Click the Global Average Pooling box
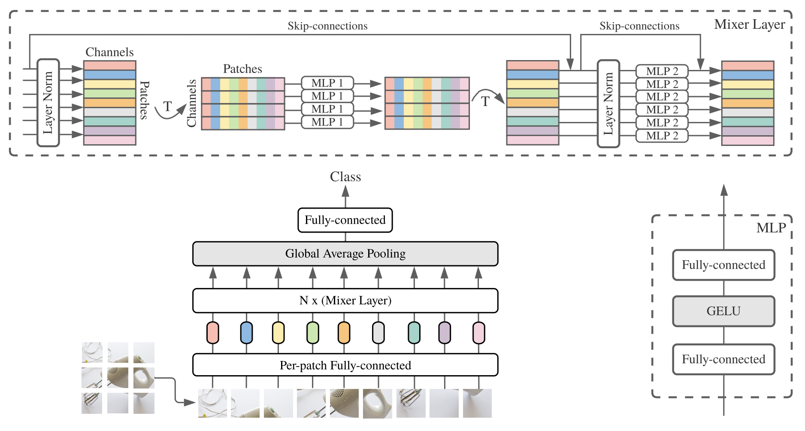345,254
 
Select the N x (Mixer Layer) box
345,300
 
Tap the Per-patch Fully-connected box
345,365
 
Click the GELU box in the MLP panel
723,311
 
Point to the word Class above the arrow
345,177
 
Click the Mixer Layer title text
749,24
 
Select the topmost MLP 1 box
327,83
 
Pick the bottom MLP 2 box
662,136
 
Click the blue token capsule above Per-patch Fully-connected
246,333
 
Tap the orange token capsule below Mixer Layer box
344,333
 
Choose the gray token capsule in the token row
378,333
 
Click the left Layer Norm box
48,103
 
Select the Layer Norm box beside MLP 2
608,103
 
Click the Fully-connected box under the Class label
345,220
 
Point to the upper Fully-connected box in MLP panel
723,265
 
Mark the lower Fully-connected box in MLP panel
723,359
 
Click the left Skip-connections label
327,26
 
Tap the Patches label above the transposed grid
242,69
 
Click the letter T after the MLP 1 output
485,102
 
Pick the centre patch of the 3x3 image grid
118,377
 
